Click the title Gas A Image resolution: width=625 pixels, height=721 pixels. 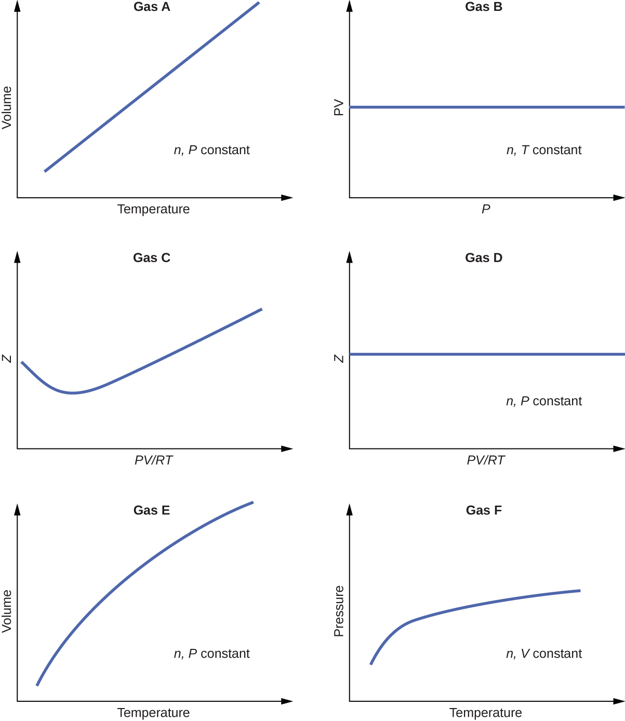point(152,7)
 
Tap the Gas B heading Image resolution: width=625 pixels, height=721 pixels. point(484,7)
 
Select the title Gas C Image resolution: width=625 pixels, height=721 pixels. point(152,258)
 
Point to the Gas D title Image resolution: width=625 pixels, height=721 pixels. point(484,258)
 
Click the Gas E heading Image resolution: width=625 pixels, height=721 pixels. point(152,510)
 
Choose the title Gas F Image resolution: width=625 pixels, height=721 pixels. point(484,510)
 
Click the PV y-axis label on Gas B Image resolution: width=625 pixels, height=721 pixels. point(339,107)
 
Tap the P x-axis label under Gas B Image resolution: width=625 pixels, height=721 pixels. point(486,209)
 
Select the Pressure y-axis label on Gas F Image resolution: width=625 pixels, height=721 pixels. point(339,611)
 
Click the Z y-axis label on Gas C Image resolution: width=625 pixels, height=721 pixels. point(7,358)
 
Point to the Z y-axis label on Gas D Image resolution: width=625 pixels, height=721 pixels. point(339,358)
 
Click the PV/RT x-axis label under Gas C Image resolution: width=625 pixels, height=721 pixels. point(153,460)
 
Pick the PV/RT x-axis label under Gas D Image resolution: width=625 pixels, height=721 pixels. point(486,460)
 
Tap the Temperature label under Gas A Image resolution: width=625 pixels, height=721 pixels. point(153,209)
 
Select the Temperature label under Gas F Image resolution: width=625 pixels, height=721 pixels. point(486,713)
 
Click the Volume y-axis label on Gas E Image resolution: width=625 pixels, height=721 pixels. point(7,611)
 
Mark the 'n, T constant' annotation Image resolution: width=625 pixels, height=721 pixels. point(544,150)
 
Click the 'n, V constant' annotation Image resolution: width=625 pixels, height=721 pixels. point(544,654)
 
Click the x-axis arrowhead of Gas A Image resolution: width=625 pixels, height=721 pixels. point(287,198)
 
